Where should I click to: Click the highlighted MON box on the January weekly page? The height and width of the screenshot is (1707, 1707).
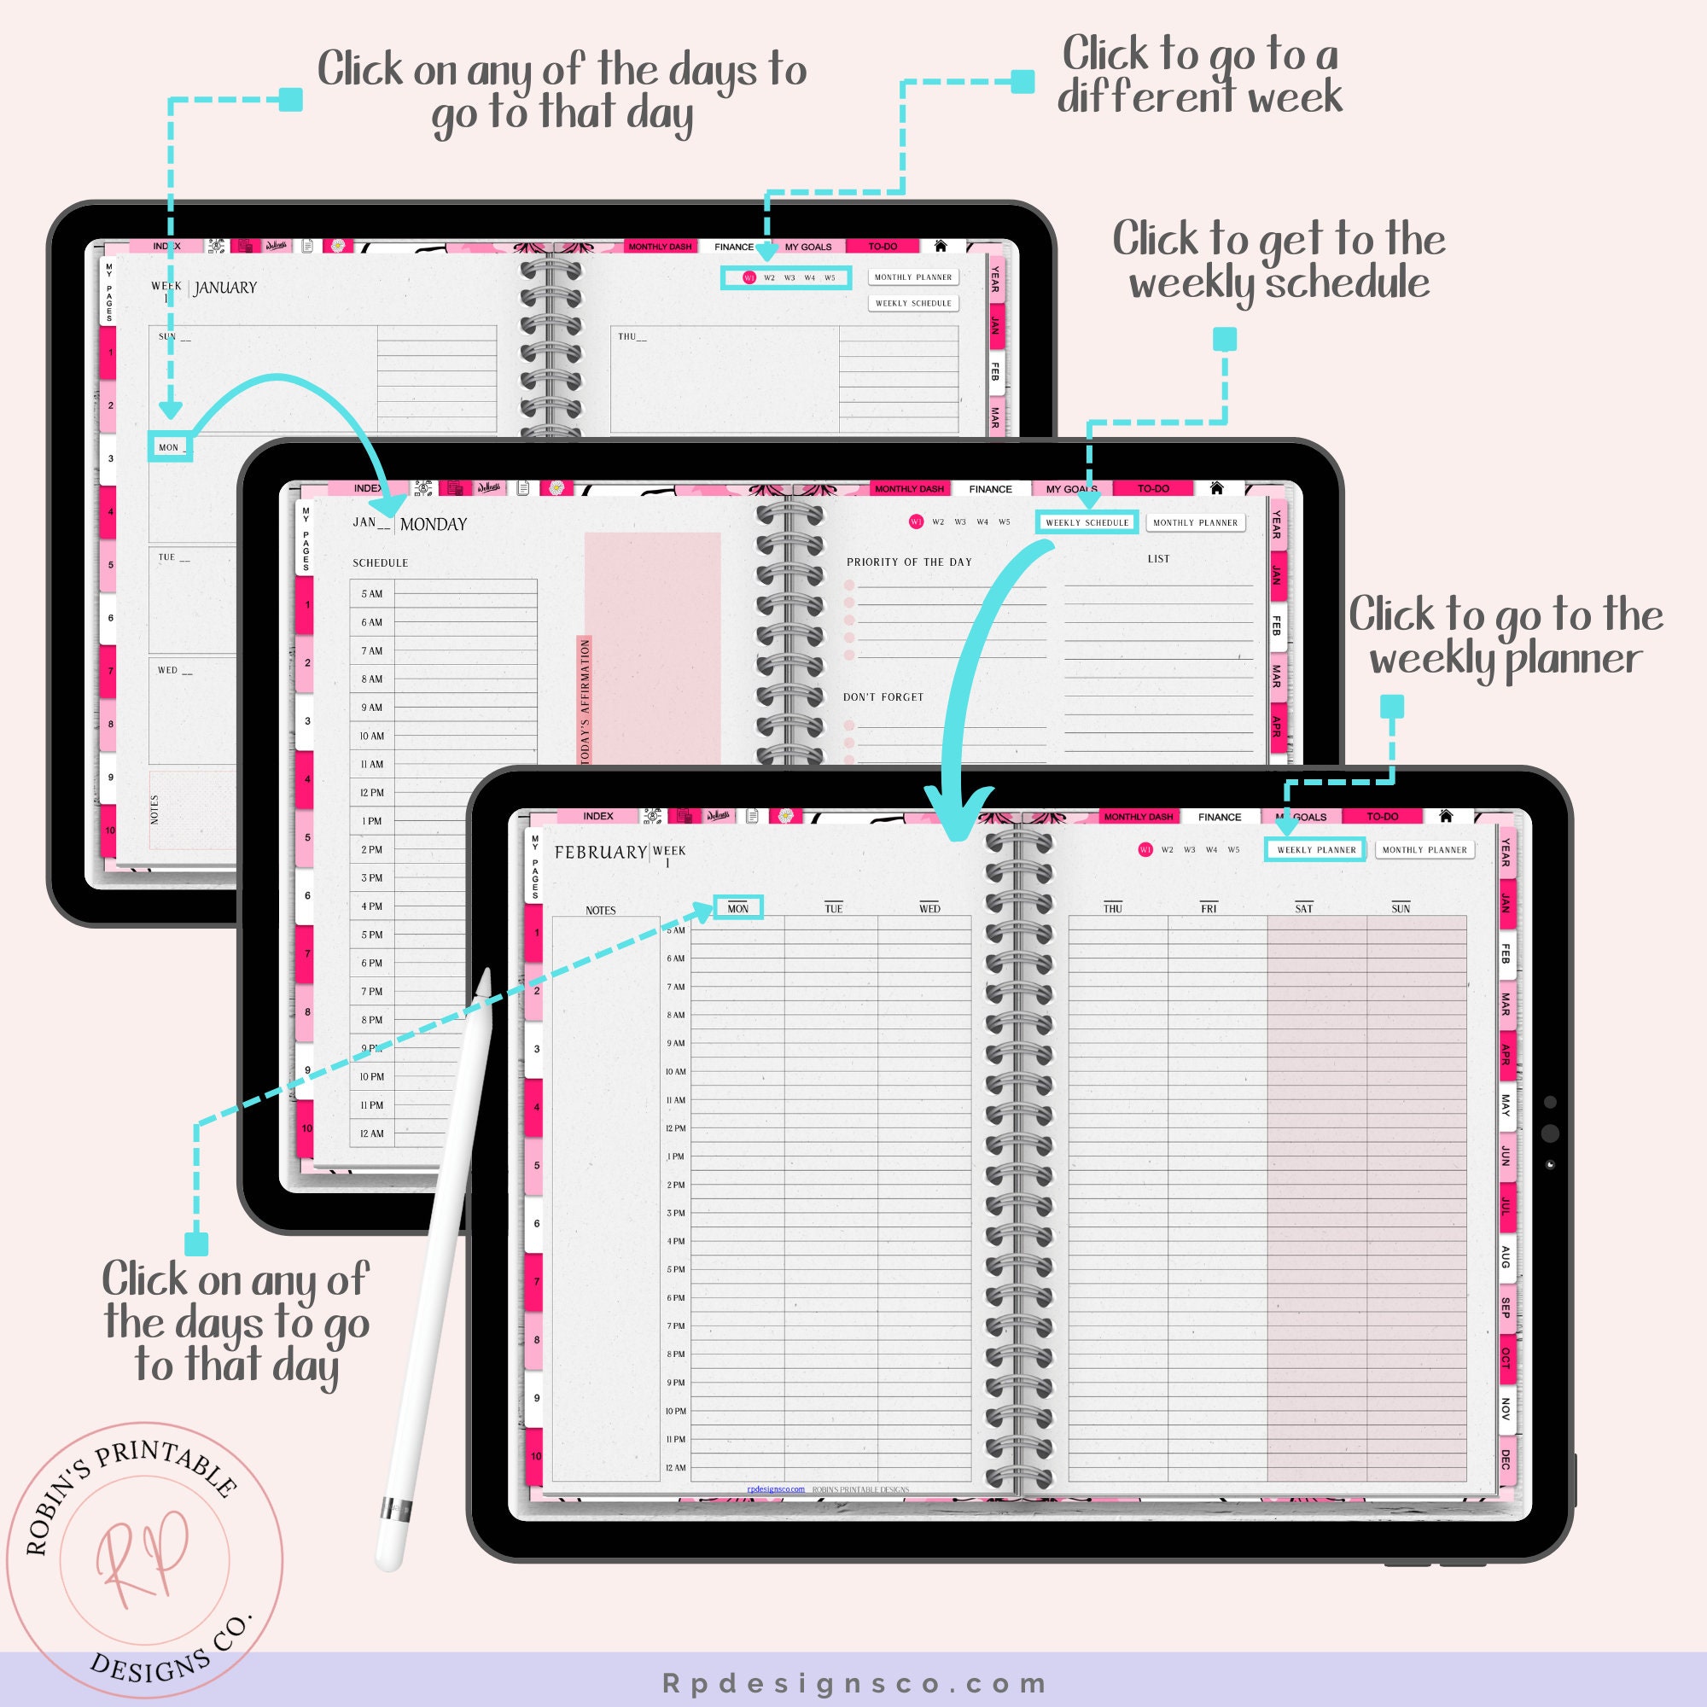170,447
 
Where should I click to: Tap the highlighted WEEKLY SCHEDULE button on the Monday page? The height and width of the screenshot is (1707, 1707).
1087,522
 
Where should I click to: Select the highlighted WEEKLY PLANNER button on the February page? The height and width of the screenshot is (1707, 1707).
1315,850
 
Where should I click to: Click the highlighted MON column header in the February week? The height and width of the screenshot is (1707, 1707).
737,908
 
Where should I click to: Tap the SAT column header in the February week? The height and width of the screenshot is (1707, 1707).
1303,908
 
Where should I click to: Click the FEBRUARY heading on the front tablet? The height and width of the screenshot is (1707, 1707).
601,853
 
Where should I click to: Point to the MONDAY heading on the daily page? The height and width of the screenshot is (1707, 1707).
433,525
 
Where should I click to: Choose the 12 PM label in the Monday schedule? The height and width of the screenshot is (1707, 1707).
372,793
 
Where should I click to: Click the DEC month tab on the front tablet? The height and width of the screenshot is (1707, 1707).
1506,1459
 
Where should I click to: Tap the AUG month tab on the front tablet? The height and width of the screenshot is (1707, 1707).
1506,1256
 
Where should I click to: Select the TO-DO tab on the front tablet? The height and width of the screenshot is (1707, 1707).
1383,817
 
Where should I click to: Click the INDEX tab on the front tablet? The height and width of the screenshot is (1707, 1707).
598,817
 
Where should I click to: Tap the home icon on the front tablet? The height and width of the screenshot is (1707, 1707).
1446,815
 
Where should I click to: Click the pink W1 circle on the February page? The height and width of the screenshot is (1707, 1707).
1145,850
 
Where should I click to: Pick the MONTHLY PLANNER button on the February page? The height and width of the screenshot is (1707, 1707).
1424,850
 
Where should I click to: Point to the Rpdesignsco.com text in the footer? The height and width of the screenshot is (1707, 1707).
853,1684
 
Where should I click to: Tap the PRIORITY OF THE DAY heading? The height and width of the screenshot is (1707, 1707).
909,562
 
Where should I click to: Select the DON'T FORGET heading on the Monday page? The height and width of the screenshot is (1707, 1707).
883,697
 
